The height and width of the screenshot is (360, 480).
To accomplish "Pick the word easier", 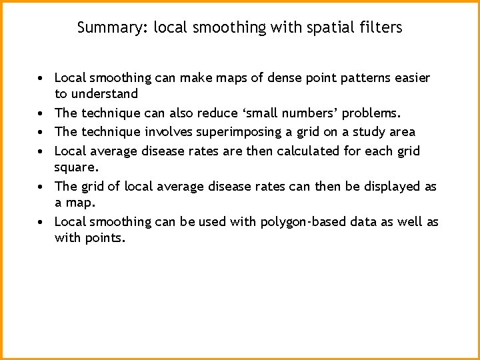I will point(412,78).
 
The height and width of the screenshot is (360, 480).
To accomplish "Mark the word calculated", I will point(307,151).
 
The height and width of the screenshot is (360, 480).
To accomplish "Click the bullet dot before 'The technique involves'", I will point(41,132).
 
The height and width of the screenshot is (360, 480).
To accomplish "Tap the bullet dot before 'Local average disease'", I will point(41,151).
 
